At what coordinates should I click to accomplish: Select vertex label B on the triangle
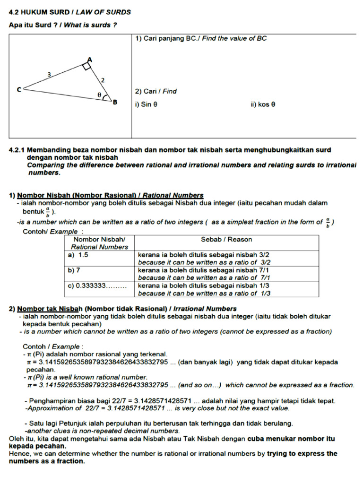(x=114, y=102)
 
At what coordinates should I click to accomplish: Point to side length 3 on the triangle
(x=49, y=74)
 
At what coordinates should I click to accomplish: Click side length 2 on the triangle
(x=103, y=80)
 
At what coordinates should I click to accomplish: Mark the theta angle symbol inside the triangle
(x=99, y=95)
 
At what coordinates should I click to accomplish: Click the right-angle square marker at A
(x=86, y=66)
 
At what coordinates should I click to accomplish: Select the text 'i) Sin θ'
(x=146, y=104)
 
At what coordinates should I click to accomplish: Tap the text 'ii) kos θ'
(x=263, y=104)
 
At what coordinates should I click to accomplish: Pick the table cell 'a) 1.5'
(x=78, y=254)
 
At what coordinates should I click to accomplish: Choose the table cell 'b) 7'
(x=75, y=270)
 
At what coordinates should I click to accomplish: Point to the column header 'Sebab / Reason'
(x=226, y=239)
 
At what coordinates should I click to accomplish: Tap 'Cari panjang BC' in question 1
(x=170, y=38)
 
